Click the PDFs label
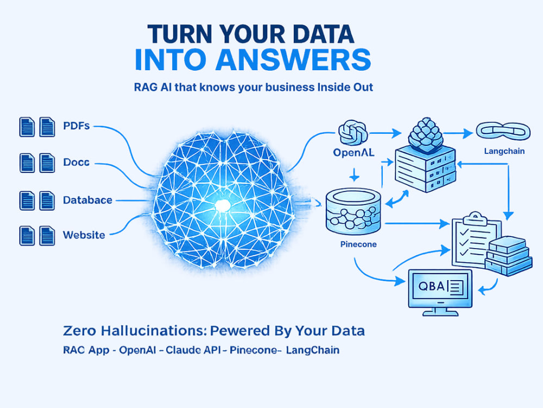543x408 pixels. click(77, 125)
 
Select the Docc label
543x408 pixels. click(76, 162)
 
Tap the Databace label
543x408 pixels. click(87, 200)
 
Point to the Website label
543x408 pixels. click(84, 235)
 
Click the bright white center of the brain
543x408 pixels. click(222, 206)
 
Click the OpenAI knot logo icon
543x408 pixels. click(353, 132)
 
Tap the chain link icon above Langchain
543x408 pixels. click(503, 131)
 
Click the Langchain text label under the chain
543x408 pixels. click(504, 151)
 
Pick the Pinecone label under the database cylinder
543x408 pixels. click(358, 244)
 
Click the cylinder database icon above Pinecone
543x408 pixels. click(353, 211)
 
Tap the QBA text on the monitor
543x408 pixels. click(431, 286)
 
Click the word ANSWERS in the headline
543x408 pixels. click(293, 60)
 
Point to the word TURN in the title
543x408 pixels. click(180, 34)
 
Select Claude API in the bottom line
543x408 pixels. click(193, 350)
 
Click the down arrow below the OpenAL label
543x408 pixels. click(354, 175)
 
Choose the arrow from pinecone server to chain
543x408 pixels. click(458, 133)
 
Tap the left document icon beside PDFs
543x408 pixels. click(27, 127)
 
